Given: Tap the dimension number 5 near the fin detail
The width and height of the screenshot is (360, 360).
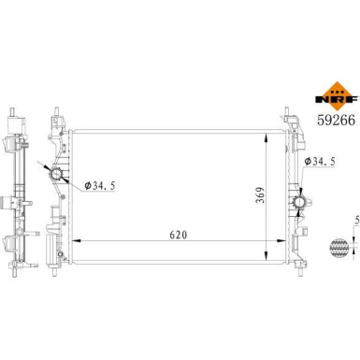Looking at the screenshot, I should tap(355, 221).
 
